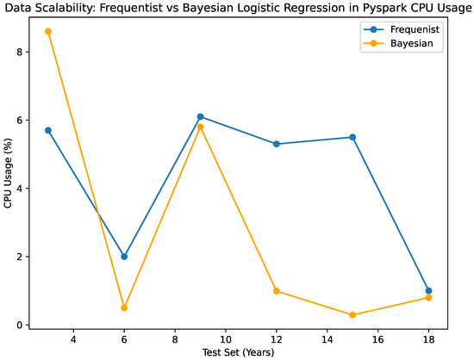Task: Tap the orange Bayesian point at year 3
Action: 48,31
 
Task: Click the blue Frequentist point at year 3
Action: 48,130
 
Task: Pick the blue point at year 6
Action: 124,257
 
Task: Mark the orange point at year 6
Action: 124,307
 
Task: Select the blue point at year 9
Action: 200,116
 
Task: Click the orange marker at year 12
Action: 277,291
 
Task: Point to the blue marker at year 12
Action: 277,144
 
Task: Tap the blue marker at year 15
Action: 352,137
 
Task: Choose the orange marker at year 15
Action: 352,315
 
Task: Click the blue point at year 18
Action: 428,290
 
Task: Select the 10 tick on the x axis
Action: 226,339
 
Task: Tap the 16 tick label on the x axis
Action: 377,339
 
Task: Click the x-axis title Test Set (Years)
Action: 238,353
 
